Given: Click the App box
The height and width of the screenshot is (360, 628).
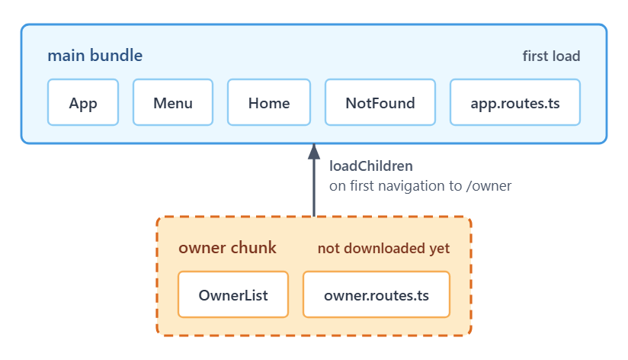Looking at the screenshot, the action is click(x=83, y=102).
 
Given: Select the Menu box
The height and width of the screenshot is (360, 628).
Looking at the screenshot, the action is click(x=173, y=102).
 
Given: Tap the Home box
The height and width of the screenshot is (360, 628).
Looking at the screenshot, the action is click(x=269, y=102).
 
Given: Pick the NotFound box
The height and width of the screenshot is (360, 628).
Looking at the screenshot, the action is click(x=380, y=102).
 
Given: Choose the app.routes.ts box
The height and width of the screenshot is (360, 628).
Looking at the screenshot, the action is click(x=515, y=102).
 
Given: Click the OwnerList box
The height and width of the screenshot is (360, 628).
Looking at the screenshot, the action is click(x=233, y=294).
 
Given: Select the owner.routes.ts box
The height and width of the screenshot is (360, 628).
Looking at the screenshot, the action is click(x=376, y=294).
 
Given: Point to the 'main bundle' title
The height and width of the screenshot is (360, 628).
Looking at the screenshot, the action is click(x=95, y=56).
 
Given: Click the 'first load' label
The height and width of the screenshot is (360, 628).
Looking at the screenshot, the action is click(x=551, y=56).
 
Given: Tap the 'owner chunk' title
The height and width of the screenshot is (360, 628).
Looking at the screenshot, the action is click(x=227, y=248).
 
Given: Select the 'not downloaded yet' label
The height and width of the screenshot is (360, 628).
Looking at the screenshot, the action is click(x=383, y=249).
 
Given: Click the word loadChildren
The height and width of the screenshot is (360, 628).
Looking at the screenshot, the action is click(x=371, y=166).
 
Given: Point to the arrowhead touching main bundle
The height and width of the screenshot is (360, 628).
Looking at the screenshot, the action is click(x=314, y=152).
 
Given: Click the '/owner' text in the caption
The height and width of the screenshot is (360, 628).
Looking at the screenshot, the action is click(x=489, y=186).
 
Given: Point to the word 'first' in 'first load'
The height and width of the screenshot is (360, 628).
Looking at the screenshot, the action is click(x=535, y=56).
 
